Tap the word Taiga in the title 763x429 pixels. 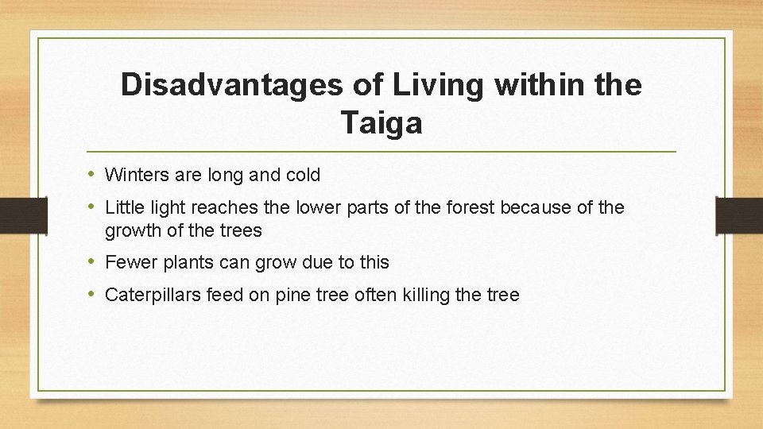tap(381, 123)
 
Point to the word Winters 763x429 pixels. tap(134, 175)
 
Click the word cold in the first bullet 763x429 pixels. tap(302, 175)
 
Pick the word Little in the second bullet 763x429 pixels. tap(122, 208)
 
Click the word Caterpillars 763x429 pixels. tap(153, 296)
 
